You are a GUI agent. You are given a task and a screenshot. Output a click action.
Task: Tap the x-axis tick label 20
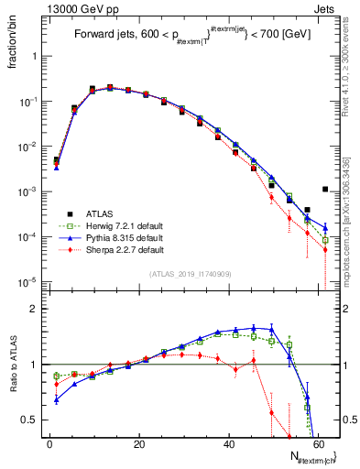[138, 445]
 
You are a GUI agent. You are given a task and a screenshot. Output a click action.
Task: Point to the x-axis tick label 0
[49, 445]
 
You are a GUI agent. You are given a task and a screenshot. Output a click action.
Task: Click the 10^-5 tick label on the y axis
[27, 281]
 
